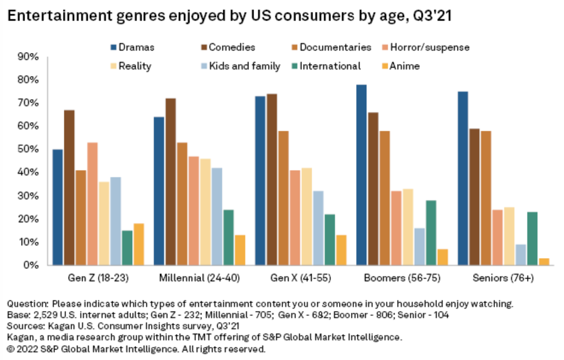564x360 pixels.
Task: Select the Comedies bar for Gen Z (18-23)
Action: coord(69,187)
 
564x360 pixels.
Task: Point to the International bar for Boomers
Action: coord(431,232)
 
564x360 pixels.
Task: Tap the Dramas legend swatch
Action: coord(113,47)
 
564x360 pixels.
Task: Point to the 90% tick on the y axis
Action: coord(28,57)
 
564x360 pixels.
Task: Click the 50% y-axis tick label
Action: coord(28,149)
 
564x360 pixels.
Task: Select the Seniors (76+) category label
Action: coord(502,280)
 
